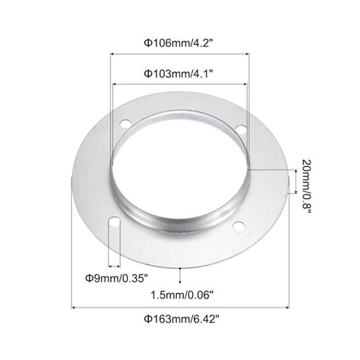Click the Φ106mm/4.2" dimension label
(180, 43)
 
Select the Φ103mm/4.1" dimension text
(180, 74)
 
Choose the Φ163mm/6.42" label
(180, 322)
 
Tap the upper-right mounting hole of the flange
(241, 131)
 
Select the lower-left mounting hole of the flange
(113, 223)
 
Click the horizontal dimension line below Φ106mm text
(180, 55)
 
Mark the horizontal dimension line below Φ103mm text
(180, 84)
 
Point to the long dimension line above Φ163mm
(180, 308)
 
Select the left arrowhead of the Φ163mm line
(75, 308)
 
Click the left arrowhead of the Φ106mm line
(114, 55)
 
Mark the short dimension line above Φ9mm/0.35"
(113, 265)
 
